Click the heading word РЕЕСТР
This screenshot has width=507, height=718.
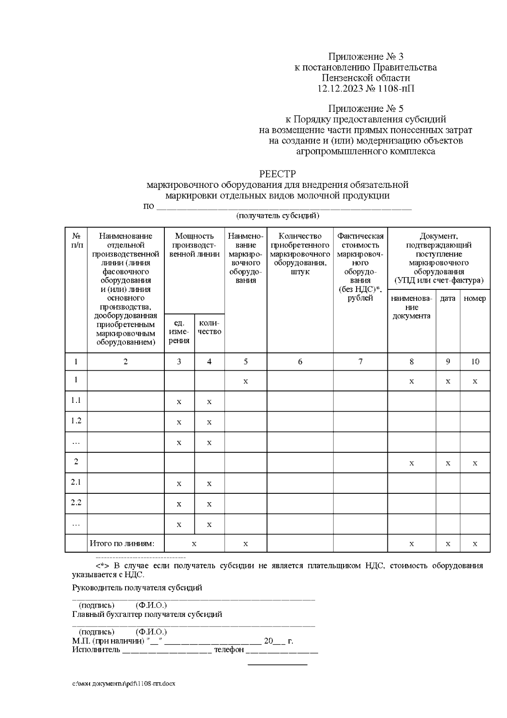(x=277, y=174)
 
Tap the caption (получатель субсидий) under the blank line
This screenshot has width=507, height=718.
(x=277, y=216)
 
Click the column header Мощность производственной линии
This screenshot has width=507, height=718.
(x=194, y=245)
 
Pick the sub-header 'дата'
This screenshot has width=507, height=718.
(x=447, y=298)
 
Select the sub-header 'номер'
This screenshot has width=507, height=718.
(x=474, y=298)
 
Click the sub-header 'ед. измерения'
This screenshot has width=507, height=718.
(x=179, y=332)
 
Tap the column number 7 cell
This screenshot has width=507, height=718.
(x=360, y=361)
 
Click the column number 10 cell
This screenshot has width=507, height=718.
(x=475, y=361)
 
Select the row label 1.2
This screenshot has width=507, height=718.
(x=76, y=421)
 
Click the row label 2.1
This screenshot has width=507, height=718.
(x=76, y=482)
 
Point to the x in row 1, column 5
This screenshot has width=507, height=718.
(x=245, y=382)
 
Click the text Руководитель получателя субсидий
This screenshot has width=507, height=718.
(x=137, y=588)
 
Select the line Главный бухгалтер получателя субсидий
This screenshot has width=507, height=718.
(x=147, y=614)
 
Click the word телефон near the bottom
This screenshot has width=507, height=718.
(x=229, y=649)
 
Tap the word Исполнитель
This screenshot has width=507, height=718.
(x=96, y=649)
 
